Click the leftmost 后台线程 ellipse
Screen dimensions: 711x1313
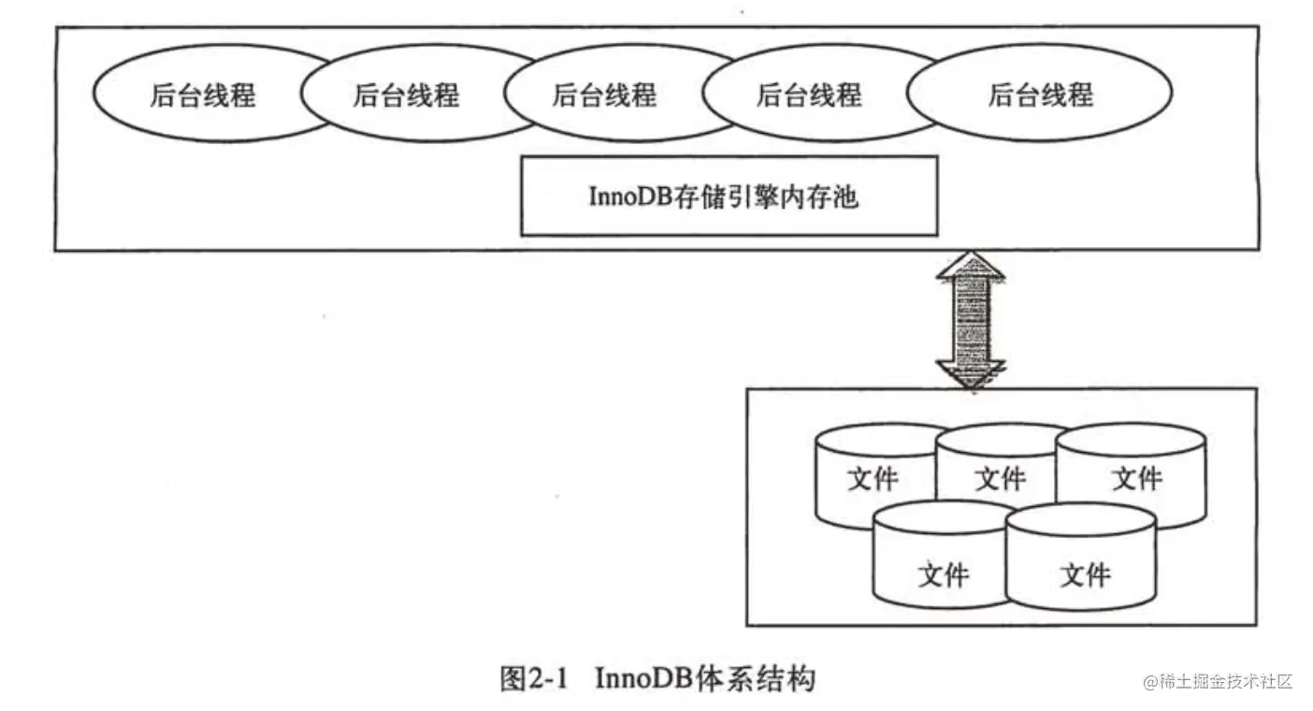202,95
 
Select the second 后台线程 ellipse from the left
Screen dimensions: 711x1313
406,95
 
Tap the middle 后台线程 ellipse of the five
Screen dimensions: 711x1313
605,95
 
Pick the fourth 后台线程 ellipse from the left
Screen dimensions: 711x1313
808,95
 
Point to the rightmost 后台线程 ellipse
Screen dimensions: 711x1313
1040,95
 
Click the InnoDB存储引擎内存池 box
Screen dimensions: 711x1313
729,196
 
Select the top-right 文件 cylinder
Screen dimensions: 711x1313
1135,479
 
